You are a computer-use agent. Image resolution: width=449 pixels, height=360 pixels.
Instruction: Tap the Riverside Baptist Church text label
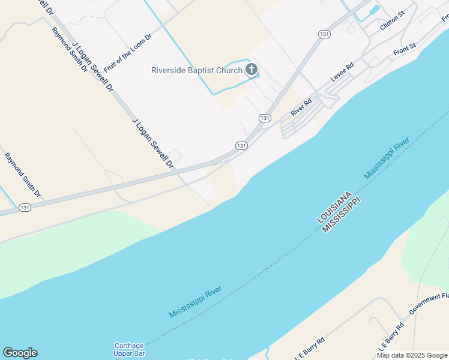(196, 70)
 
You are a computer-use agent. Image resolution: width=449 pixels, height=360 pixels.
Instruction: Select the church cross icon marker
(252, 70)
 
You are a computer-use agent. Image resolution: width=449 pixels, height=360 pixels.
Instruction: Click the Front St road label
(405, 50)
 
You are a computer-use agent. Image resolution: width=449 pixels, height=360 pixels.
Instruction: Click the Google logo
(20, 353)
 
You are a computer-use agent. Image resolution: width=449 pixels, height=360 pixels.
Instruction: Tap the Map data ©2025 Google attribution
(412, 355)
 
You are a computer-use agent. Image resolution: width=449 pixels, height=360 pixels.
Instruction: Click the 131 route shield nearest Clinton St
(324, 35)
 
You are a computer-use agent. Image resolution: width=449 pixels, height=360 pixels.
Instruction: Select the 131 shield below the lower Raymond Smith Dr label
(25, 207)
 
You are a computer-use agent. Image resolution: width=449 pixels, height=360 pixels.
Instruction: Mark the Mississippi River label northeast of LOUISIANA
(387, 158)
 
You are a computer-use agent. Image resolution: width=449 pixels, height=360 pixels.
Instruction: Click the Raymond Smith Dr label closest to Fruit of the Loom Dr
(70, 50)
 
